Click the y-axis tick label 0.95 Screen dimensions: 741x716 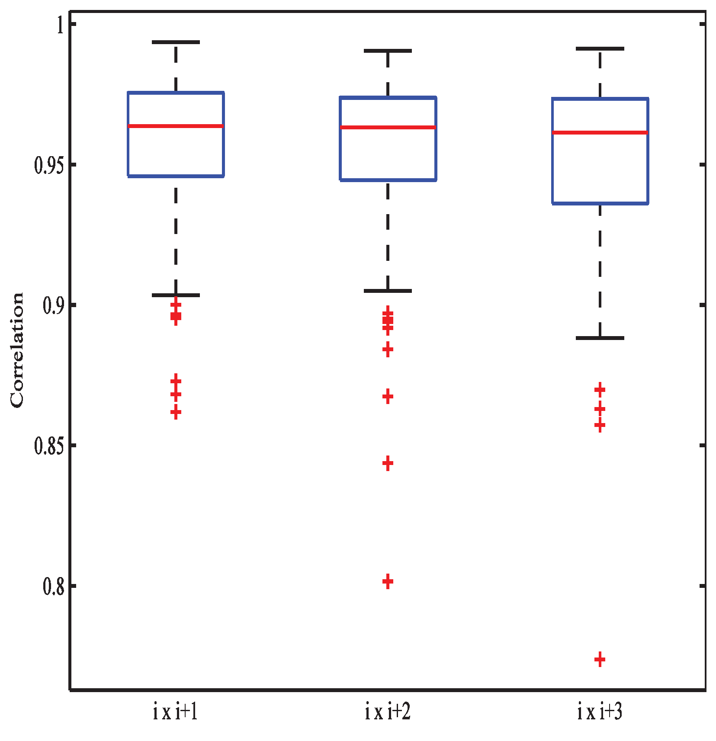(49, 165)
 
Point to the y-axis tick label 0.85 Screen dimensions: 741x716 (49, 446)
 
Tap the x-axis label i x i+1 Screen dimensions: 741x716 (175, 712)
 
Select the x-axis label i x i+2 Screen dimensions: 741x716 (388, 712)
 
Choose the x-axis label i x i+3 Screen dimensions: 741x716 (600, 712)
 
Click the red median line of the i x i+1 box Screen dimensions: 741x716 (176, 126)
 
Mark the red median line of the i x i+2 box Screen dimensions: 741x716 (388, 127)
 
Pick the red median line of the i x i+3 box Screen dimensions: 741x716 (600, 132)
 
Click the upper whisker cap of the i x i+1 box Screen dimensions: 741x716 (176, 42)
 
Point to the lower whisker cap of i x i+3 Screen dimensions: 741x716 (600, 338)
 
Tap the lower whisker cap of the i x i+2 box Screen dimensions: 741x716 (388, 291)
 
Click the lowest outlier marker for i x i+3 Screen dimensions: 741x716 (600, 660)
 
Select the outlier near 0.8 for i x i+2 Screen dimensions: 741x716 (388, 581)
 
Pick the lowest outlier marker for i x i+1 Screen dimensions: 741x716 (176, 412)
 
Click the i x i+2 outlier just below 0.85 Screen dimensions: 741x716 (388, 463)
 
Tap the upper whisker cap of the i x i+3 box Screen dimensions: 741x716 (600, 48)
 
